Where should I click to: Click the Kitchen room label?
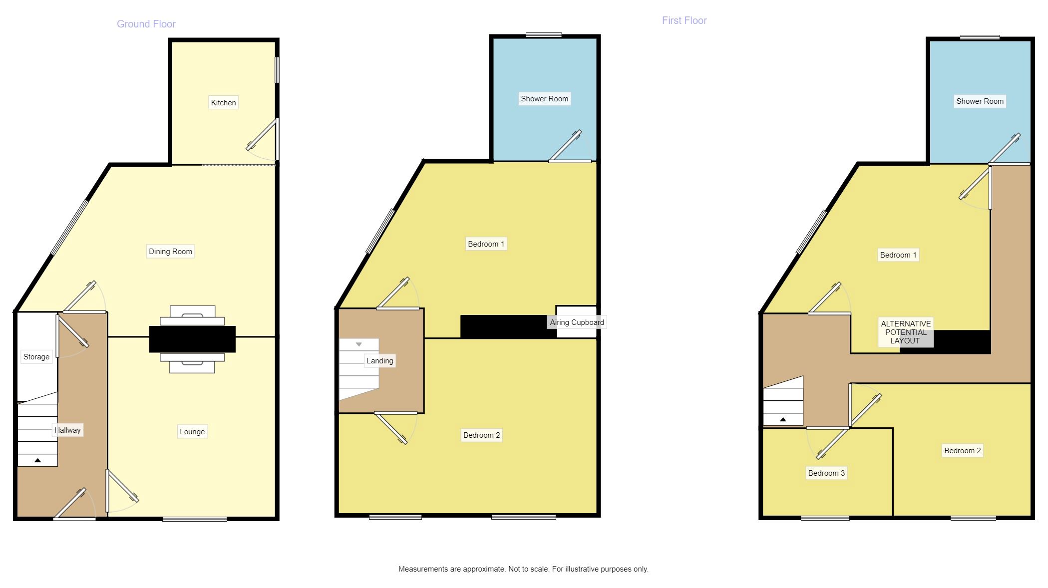[223, 103]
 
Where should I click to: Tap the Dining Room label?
[170, 252]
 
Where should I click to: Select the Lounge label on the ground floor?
[192, 432]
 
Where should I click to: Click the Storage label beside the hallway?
[36, 357]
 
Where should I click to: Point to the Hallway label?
[67, 430]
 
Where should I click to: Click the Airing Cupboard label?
[577, 322]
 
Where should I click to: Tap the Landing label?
[380, 361]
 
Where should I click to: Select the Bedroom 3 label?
[826, 473]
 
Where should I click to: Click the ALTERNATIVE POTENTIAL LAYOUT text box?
[906, 332]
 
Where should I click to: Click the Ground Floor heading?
[146, 24]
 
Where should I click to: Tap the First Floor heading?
[684, 20]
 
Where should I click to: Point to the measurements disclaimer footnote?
[523, 569]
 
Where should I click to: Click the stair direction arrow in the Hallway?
[37, 460]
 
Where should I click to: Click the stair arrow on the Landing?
[358, 344]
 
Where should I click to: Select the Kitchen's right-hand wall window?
[277, 70]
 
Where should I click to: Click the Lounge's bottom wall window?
[195, 519]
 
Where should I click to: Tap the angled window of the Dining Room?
[70, 228]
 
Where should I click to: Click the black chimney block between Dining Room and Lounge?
[192, 339]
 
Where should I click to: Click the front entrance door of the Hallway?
[74, 504]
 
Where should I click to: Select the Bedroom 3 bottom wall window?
[825, 518]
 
